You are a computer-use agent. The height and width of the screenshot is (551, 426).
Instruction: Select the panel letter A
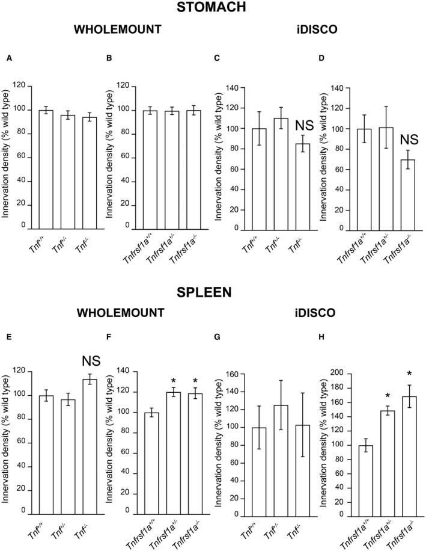[x=9, y=58]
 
